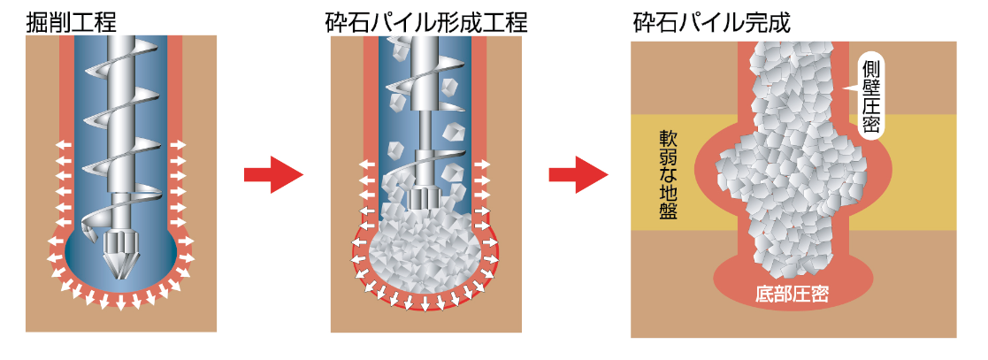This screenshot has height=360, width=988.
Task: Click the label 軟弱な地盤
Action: (669, 174)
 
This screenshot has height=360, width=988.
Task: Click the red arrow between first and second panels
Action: (273, 174)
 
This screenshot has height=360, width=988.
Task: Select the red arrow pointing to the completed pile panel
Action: (578, 174)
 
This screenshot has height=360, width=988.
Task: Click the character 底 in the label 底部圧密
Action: (764, 294)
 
